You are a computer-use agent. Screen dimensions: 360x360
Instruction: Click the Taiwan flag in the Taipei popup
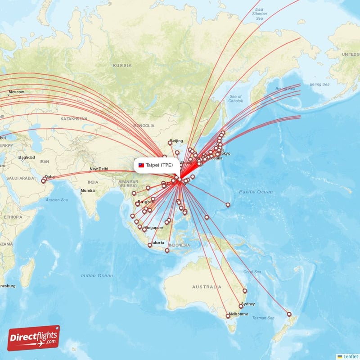click(141, 165)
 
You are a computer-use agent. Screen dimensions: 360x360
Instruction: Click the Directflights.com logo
click(34, 338)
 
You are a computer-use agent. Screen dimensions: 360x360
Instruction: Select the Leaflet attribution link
click(350, 356)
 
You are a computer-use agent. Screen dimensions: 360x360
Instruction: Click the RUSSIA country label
click(122, 65)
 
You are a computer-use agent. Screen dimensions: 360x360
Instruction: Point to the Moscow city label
click(16, 92)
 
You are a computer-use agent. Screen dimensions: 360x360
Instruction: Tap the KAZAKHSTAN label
click(74, 119)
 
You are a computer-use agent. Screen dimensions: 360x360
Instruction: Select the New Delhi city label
click(99, 170)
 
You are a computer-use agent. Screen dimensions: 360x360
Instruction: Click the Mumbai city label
click(88, 191)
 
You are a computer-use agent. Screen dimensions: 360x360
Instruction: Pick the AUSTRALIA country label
click(207, 287)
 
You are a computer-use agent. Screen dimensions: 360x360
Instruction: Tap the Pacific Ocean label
click(256, 192)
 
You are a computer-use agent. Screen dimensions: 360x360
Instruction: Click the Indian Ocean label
click(97, 275)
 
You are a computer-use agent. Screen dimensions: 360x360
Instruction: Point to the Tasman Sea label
click(264, 318)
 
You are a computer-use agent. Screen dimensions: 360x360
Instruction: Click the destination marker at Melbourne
click(228, 316)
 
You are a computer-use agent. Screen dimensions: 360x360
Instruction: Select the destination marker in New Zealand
click(289, 314)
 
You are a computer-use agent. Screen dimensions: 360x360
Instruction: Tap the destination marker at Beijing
click(170, 143)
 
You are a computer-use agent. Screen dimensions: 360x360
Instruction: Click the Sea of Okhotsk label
click(236, 99)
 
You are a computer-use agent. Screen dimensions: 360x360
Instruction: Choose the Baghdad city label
click(27, 157)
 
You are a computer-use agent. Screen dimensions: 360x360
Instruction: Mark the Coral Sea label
click(252, 272)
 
